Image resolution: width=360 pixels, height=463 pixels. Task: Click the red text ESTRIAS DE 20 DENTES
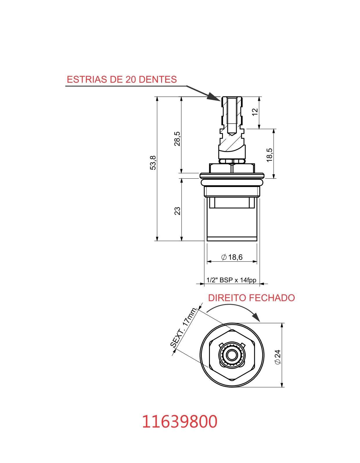(122, 79)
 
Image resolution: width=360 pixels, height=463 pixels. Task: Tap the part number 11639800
(179, 421)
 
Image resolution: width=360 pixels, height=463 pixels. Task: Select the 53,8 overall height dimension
(153, 163)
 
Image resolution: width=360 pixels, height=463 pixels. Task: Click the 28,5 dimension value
(177, 139)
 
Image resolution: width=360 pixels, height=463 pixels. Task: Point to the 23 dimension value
(177, 211)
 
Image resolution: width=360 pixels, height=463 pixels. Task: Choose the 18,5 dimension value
(269, 155)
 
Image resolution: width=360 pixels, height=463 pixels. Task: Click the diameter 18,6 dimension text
(232, 257)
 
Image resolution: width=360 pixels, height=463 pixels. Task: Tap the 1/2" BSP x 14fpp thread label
(231, 280)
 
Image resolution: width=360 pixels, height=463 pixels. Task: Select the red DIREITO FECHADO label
(251, 298)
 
